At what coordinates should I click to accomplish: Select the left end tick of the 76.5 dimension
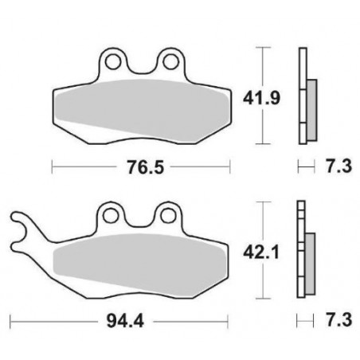tap(52, 169)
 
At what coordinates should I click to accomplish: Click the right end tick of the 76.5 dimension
tap(229, 169)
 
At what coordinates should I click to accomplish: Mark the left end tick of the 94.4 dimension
tap(10, 324)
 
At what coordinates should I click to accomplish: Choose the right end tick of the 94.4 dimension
tap(229, 324)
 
